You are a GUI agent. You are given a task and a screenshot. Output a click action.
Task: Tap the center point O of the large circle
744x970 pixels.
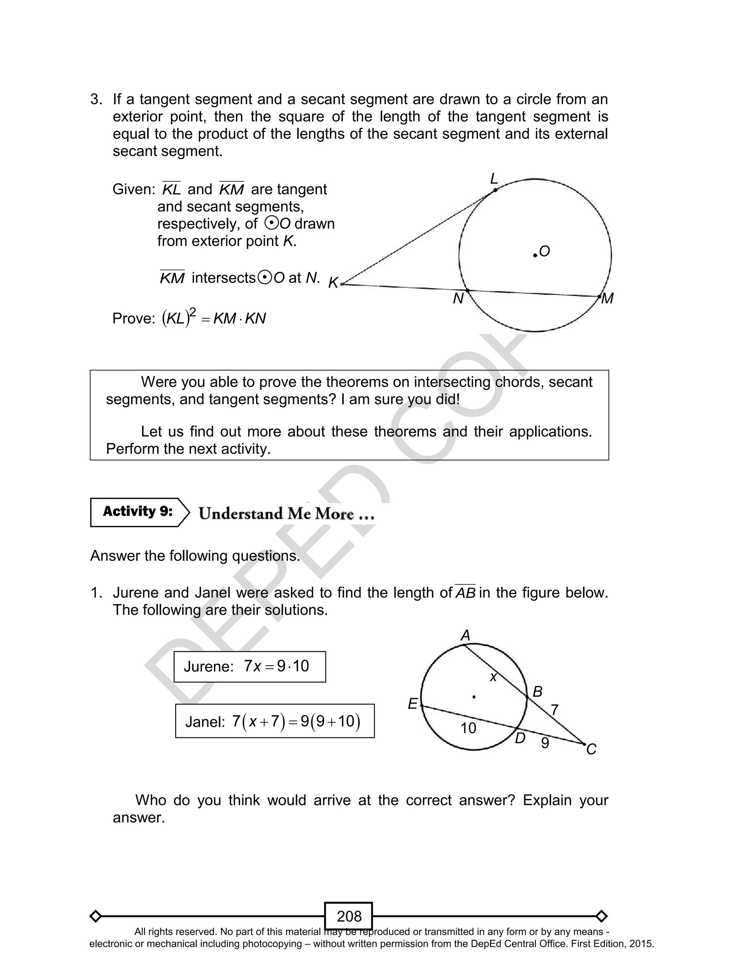click(x=535, y=255)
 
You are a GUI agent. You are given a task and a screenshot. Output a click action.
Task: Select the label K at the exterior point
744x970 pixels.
click(x=333, y=283)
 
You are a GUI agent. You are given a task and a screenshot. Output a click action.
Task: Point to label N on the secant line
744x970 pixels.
click(x=458, y=299)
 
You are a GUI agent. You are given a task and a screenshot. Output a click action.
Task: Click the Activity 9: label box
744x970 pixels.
click(x=138, y=512)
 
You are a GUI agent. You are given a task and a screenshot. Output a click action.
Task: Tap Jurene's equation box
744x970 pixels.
click(x=250, y=666)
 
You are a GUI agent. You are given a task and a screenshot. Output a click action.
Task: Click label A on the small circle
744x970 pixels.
click(x=465, y=636)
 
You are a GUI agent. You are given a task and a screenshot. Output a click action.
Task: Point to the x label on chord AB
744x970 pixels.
click(x=493, y=676)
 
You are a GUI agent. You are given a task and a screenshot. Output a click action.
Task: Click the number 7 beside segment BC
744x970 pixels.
click(x=554, y=710)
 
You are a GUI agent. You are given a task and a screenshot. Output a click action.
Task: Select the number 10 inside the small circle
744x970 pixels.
click(x=468, y=728)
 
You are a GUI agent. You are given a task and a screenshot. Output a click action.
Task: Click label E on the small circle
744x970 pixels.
click(x=412, y=704)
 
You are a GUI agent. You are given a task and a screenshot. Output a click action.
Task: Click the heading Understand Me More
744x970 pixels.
click(x=287, y=514)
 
